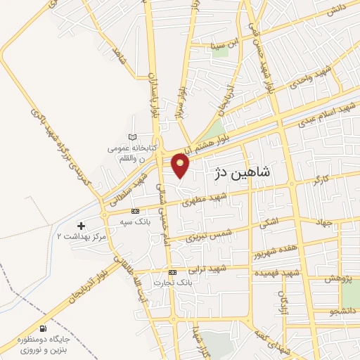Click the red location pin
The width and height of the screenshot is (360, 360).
181,165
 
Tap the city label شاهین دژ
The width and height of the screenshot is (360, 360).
244,172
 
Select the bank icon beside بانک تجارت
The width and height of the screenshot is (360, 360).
172,273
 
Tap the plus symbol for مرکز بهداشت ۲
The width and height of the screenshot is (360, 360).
81,226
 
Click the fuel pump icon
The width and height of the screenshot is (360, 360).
44,328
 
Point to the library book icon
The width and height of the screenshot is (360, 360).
133,137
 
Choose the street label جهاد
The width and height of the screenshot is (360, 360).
323,223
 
